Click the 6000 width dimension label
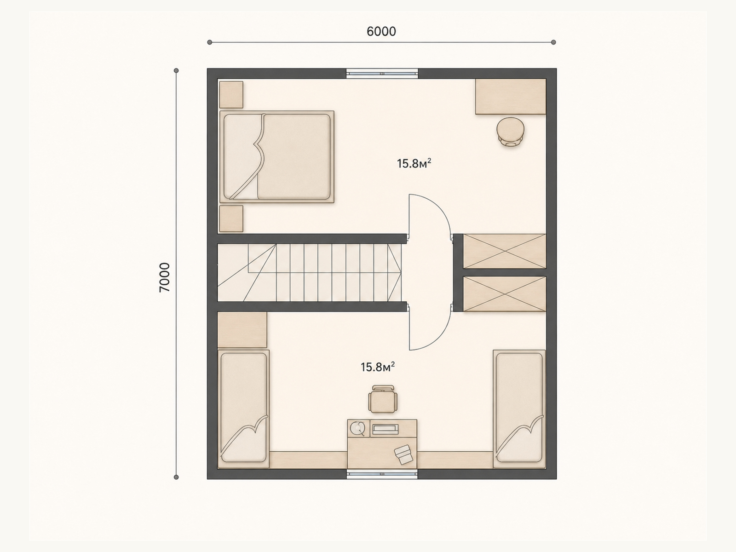381,31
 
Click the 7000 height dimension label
165,277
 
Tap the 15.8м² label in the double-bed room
414,164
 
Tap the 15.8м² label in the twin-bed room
378,367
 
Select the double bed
276,157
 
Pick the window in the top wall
382,74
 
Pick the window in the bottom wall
382,474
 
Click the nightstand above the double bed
231,94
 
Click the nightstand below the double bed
231,218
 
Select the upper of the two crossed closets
504,251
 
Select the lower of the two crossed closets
504,294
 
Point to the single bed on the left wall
243,409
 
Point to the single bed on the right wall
519,409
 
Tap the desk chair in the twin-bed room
383,399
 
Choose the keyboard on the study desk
385,429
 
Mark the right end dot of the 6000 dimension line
553,42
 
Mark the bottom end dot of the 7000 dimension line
176,477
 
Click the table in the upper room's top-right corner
511,97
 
